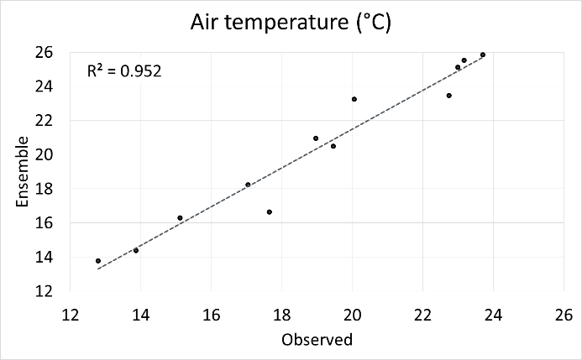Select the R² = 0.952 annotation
[125, 71]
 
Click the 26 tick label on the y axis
[45, 52]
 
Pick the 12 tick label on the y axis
[45, 291]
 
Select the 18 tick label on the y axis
[45, 189]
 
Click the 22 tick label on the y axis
[45, 120]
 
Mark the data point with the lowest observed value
[98, 261]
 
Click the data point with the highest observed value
[483, 55]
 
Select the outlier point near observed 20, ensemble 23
[354, 99]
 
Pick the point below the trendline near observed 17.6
[270, 211]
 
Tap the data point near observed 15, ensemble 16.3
[180, 217]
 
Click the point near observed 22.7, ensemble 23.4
[449, 96]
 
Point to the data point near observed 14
[136, 250]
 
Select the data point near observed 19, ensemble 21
[316, 138]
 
